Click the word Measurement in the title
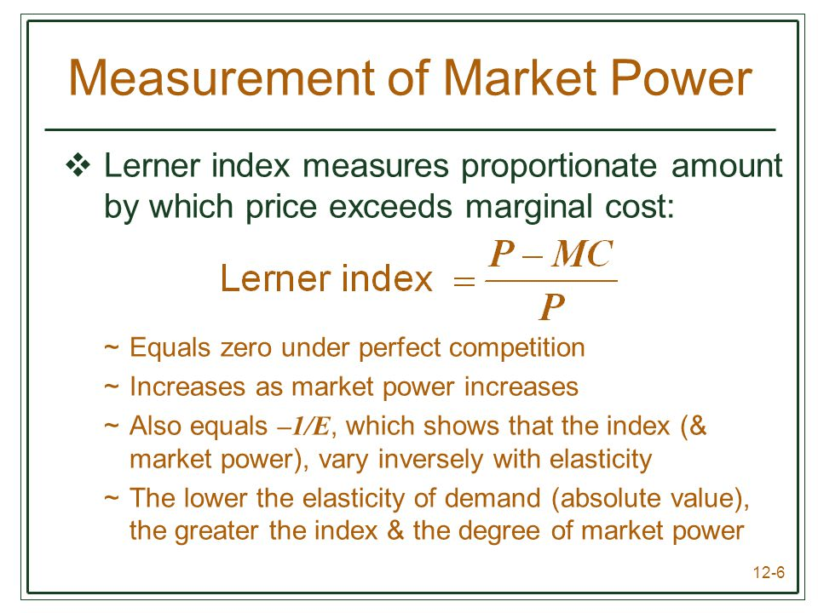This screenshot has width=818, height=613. (222, 77)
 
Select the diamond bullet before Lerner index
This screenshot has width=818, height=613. (78, 165)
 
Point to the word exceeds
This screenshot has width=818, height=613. (390, 206)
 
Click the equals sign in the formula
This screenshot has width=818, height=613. (464, 282)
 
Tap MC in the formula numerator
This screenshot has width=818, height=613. (582, 254)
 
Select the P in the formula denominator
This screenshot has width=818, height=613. (552, 306)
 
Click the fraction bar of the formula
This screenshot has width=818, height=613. (551, 281)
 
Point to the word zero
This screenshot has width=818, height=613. (245, 348)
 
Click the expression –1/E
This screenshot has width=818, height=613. (303, 427)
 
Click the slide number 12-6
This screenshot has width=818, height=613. (769, 572)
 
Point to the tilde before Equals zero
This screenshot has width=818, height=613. (111, 347)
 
